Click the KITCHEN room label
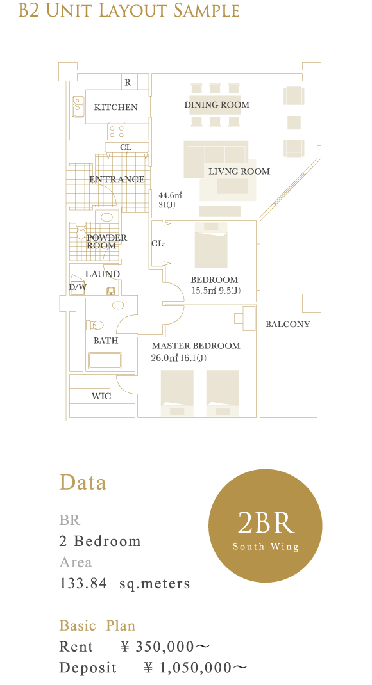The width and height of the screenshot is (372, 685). click(x=115, y=107)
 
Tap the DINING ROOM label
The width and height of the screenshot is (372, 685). click(x=217, y=105)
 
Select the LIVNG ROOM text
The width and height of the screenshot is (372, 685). click(x=239, y=172)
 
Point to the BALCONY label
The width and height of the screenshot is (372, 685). click(x=287, y=324)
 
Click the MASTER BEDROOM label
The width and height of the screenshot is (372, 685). click(x=196, y=346)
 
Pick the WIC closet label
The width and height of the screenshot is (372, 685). click(x=101, y=396)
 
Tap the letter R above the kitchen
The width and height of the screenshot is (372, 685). click(x=128, y=82)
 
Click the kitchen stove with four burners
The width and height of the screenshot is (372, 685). click(x=117, y=131)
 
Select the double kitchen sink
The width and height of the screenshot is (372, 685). click(x=78, y=106)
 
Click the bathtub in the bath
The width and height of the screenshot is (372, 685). click(x=104, y=361)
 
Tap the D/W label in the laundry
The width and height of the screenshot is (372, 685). click(x=78, y=287)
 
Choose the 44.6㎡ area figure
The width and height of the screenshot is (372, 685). click(x=170, y=195)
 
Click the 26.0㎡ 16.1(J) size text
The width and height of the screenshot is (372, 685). click(x=178, y=359)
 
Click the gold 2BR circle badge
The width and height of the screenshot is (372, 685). click(x=266, y=526)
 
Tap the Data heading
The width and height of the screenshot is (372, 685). click(x=83, y=483)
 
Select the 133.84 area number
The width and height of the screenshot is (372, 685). click(x=83, y=584)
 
